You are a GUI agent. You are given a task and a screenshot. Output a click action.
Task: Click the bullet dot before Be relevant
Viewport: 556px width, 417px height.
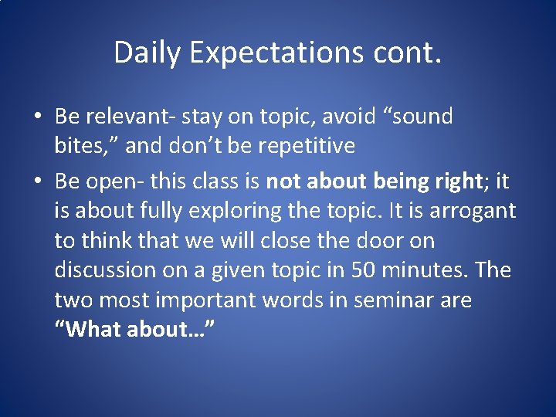38,117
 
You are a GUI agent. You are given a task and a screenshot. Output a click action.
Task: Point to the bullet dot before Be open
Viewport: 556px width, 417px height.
38,182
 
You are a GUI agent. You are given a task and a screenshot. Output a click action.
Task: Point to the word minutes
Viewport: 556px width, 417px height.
425,270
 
